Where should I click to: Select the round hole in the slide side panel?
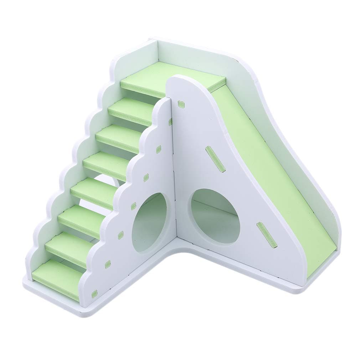point(215,216)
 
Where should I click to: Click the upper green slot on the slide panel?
point(215,159)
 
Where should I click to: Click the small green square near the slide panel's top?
point(181,104)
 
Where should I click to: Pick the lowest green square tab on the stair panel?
point(94,294)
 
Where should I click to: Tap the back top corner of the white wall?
point(157,41)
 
